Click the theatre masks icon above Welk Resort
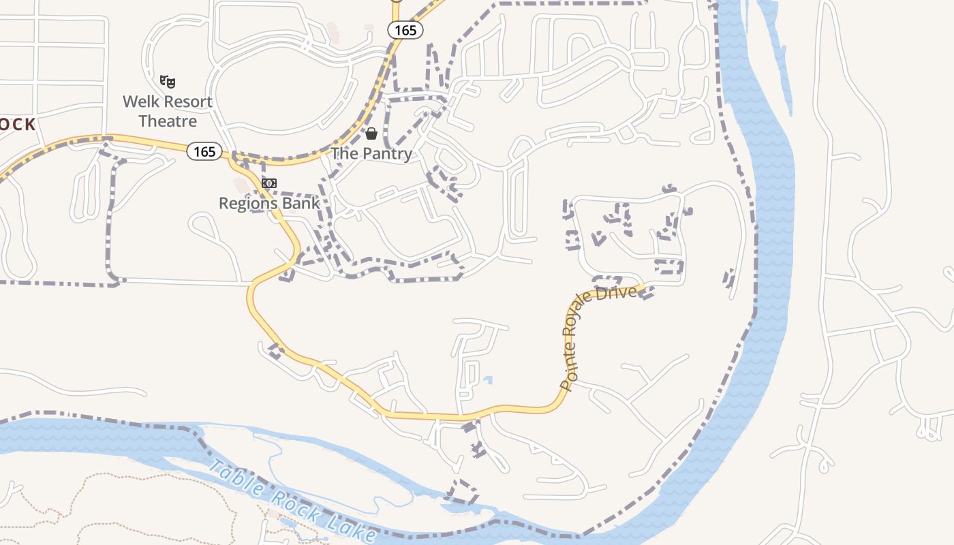tap(168, 82)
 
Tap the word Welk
tap(140, 102)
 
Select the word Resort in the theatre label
tap(186, 102)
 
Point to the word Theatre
tap(168, 121)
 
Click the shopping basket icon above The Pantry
tap(371, 134)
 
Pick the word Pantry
tap(387, 153)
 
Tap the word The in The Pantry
tap(345, 153)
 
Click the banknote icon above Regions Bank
tap(269, 183)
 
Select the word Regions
tap(245, 203)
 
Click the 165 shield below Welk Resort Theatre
tap(204, 151)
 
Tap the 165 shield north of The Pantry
tap(405, 30)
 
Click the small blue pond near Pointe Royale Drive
tap(487, 379)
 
